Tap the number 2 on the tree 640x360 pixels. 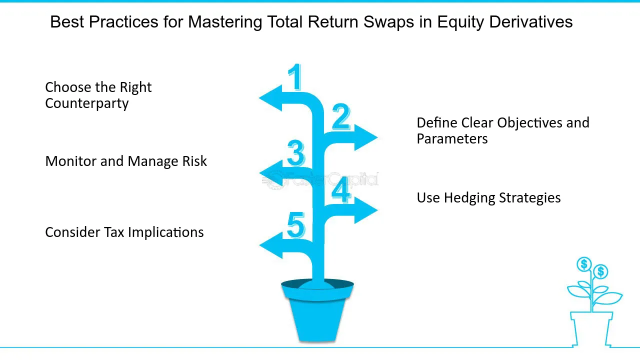click(341, 117)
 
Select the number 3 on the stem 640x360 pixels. click(295, 153)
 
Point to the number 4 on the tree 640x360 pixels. click(341, 189)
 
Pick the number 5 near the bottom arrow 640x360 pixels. click(295, 225)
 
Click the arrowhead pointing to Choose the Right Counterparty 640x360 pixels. click(270, 98)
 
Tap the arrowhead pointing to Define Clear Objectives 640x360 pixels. click(366, 137)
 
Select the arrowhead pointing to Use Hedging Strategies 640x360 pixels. click(366, 210)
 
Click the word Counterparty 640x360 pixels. click(87, 103)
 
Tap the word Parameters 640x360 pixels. click(452, 139)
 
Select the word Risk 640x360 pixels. click(194, 161)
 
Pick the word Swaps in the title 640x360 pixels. click(388, 22)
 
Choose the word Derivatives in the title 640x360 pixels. click(531, 21)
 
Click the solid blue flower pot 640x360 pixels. click(317, 310)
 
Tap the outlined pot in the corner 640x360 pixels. click(591, 329)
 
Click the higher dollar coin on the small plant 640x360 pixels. click(584, 264)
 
